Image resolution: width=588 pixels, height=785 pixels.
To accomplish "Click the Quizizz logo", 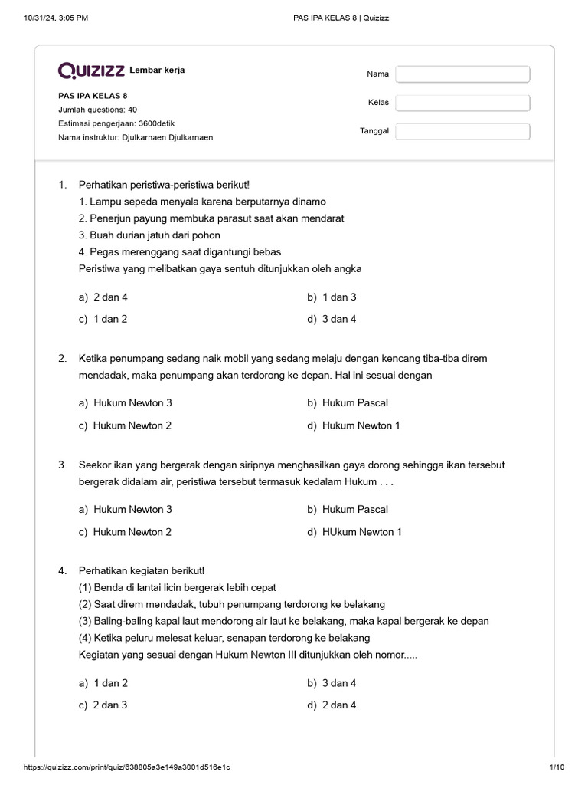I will tap(91, 71).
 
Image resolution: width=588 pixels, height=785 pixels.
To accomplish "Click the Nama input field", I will tap(462, 74).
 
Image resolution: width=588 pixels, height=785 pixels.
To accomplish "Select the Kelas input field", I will tap(462, 103).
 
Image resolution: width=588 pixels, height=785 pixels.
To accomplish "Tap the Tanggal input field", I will tap(462, 131).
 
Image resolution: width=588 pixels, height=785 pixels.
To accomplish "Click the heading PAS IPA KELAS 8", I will tap(93, 96).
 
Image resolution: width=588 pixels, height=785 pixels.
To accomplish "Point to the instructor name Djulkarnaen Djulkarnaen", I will tap(168, 137).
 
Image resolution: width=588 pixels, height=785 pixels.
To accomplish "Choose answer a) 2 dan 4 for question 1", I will tap(109, 297).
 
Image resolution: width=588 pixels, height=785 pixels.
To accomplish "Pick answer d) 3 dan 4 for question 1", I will tap(338, 319).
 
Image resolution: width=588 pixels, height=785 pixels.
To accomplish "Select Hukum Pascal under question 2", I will tap(354, 402).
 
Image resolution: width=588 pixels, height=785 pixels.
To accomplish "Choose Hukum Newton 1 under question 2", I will tap(361, 425).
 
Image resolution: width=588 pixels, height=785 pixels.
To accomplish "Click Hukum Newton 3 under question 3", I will tap(132, 509).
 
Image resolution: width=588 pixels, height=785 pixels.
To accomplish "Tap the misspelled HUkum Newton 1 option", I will tap(361, 532).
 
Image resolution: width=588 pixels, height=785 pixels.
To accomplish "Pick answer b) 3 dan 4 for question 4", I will tap(338, 682).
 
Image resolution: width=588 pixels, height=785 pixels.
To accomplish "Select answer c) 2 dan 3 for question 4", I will tap(109, 705).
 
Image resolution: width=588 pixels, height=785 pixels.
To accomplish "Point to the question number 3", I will tap(62, 465).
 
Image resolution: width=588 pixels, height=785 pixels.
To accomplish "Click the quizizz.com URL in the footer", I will tap(128, 767).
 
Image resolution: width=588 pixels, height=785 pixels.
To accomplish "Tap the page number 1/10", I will tap(556, 767).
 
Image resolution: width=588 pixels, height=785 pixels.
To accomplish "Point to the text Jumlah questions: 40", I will tap(98, 110).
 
